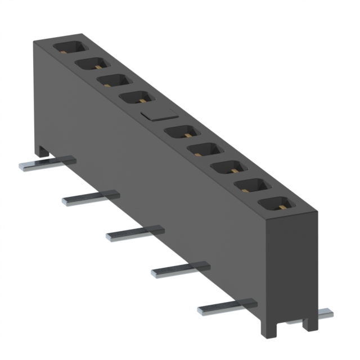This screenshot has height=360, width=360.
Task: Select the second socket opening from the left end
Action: (89, 64)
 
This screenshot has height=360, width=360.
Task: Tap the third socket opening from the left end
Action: (112, 80)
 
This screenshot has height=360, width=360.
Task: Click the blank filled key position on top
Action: (155, 115)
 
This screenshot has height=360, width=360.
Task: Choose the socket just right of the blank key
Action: (182, 133)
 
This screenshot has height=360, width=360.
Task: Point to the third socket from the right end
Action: (228, 168)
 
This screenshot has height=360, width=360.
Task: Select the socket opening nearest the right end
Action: (275, 205)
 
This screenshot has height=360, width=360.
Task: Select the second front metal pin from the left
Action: (90, 197)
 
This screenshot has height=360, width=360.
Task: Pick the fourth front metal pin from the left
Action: (180, 271)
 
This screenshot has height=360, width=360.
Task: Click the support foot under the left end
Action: (41, 150)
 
